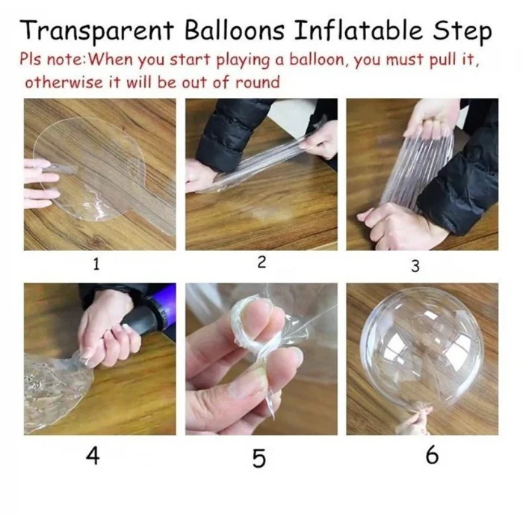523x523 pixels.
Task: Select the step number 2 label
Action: (x=261, y=262)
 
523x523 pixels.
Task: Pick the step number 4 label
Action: (x=93, y=454)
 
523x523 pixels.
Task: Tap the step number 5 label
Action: (x=259, y=458)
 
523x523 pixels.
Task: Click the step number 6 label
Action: (x=432, y=454)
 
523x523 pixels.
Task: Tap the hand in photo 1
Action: (x=40, y=183)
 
